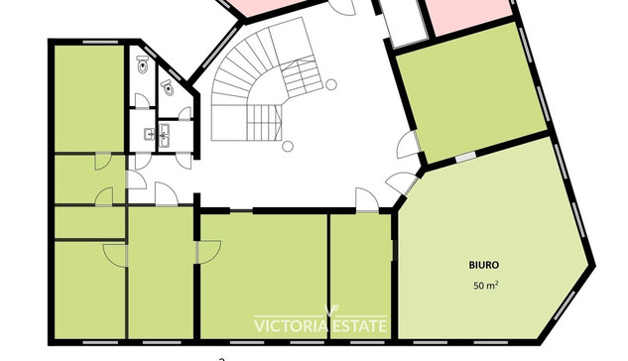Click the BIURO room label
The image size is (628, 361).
pos(484,265)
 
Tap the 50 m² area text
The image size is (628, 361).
pos(486,285)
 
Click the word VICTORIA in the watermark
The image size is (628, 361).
pos(291,325)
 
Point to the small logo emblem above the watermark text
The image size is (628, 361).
pos(330,310)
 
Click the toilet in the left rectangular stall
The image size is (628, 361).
pos(143,64)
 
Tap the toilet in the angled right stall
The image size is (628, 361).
pos(169,88)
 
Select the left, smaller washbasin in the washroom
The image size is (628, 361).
pos(149,134)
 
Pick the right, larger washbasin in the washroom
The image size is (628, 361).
pos(165,135)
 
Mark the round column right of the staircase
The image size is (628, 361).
pos(330,84)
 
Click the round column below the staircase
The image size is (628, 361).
pos(287,147)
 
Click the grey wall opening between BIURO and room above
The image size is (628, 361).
pos(466,157)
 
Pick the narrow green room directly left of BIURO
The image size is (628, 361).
pos(360,276)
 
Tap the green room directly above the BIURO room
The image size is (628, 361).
pos(472,92)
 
